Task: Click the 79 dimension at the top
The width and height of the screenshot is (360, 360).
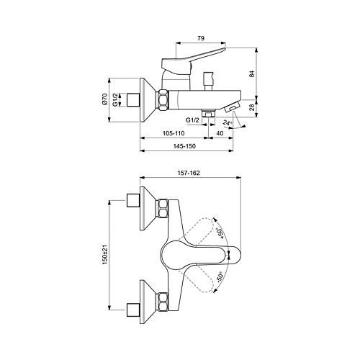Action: coord(201,38)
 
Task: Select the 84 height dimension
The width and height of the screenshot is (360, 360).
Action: coord(252,74)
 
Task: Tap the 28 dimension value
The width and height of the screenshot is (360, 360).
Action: coord(252,107)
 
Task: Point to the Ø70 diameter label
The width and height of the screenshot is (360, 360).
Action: coord(104,99)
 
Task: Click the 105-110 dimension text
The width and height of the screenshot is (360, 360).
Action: coord(174,133)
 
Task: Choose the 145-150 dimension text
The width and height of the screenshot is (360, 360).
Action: coord(184,146)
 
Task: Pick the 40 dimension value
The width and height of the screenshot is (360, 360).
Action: coord(220,133)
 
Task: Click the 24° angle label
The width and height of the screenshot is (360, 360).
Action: coord(228,123)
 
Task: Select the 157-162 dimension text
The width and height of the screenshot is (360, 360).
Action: coord(189,173)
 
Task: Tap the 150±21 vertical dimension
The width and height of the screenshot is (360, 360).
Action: coord(105,255)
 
